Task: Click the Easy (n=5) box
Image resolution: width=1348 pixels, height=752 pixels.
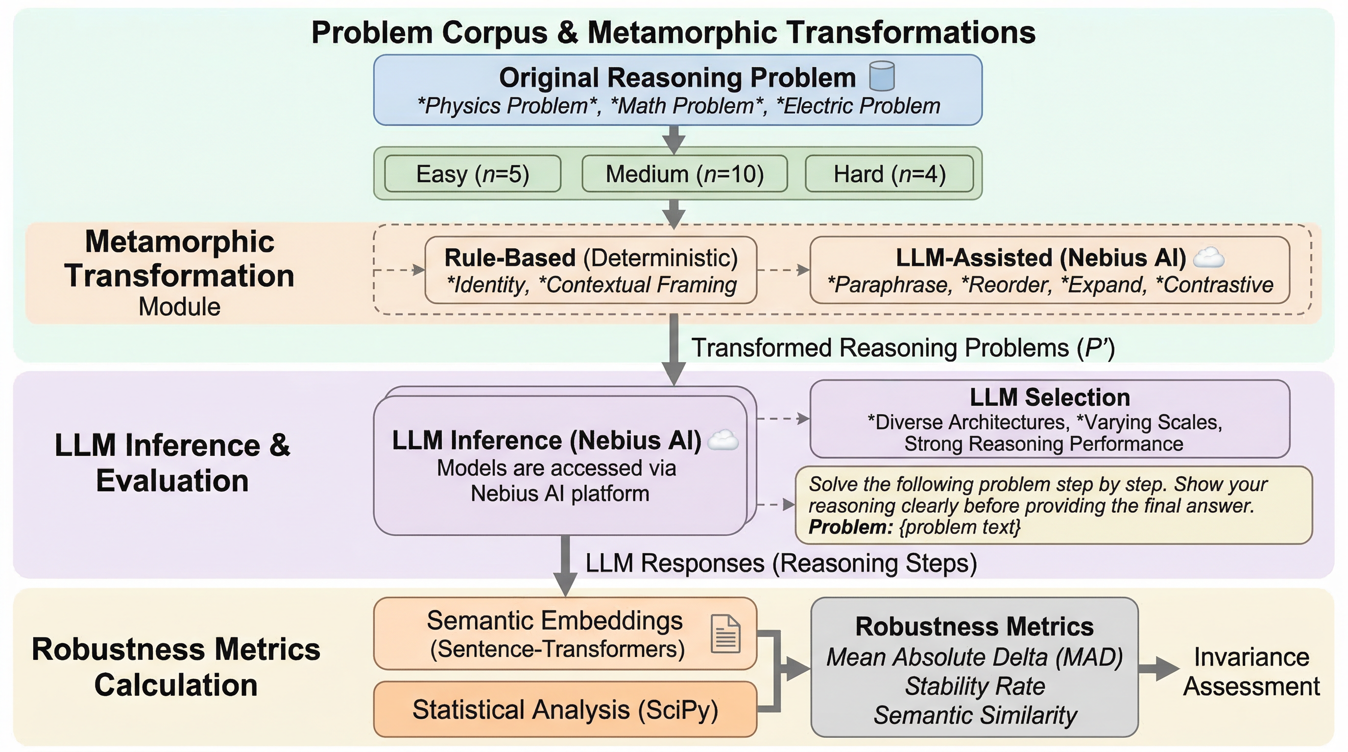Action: tap(473, 174)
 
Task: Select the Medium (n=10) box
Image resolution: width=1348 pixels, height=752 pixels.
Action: tap(684, 174)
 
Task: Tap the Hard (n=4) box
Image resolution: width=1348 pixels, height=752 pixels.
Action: tap(889, 174)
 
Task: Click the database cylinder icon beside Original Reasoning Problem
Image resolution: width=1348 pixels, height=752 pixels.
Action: tap(882, 76)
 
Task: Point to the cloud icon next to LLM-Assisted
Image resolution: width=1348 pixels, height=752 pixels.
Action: tap(1208, 258)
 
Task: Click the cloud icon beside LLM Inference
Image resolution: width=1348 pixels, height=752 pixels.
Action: tap(722, 440)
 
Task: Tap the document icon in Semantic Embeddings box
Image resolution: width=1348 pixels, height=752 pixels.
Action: tap(725, 634)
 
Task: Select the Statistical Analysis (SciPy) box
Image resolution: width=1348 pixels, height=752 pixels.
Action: tap(565, 709)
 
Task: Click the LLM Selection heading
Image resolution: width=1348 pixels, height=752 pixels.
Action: tap(1050, 398)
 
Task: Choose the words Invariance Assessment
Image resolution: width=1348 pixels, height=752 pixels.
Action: tap(1251, 672)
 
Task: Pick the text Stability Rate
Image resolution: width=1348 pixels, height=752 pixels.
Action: tap(975, 686)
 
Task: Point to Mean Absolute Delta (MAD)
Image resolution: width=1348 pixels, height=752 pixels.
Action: tap(974, 658)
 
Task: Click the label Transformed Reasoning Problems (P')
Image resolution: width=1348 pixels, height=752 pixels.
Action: tap(903, 348)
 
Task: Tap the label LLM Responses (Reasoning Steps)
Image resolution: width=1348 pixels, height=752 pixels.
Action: tap(781, 563)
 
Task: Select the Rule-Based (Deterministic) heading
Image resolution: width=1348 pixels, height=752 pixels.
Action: tap(591, 258)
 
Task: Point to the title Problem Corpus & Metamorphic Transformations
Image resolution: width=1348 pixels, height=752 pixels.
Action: tap(674, 32)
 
